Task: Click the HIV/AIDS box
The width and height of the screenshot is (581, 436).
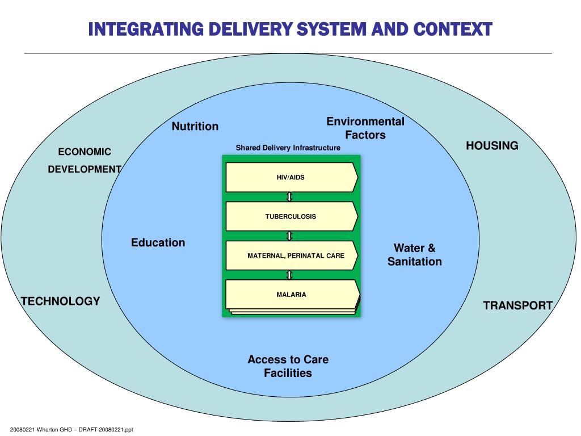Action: (x=291, y=177)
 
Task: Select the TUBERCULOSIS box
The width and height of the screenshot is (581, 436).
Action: (x=291, y=216)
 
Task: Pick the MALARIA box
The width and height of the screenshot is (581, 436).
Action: (x=291, y=295)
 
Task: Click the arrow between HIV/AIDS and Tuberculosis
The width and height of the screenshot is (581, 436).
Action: (x=290, y=196)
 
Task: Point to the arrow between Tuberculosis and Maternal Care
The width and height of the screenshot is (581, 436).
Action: (x=290, y=236)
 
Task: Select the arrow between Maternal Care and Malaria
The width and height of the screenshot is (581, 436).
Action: (x=290, y=275)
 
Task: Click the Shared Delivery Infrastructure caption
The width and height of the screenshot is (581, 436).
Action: (x=288, y=148)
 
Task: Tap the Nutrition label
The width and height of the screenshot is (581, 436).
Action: (x=195, y=126)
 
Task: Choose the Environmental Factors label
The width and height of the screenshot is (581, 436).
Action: (x=365, y=128)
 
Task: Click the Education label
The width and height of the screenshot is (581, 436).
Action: (x=158, y=242)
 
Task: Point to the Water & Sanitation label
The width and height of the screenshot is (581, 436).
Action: (x=415, y=255)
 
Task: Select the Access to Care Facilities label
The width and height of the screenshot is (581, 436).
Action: (x=288, y=366)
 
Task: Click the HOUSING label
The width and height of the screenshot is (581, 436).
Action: (x=492, y=145)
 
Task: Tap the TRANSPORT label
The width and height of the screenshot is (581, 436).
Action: (x=518, y=305)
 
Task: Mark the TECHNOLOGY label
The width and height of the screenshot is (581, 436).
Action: (x=61, y=301)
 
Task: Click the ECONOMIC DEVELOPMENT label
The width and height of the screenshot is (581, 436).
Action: (x=85, y=160)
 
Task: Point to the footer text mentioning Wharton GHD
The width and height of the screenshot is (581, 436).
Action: (x=71, y=430)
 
